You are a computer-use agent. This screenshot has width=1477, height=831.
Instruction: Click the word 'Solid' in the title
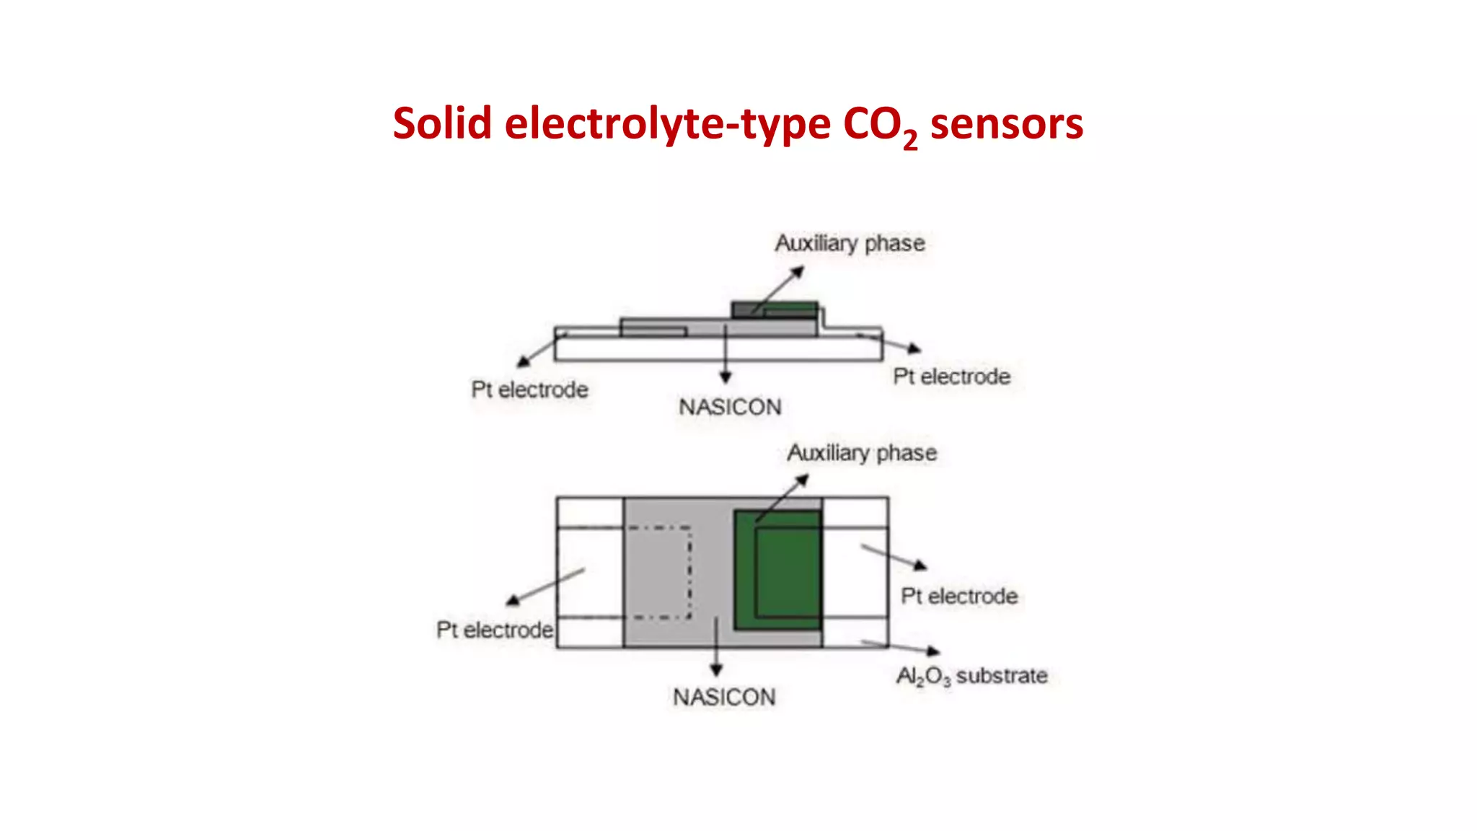click(x=441, y=123)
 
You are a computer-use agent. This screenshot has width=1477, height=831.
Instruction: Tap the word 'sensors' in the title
click(x=1006, y=123)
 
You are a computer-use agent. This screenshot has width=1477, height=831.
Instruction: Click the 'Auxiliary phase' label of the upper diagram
click(x=850, y=243)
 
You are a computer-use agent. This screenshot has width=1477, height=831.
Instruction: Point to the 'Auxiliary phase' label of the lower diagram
click(x=862, y=453)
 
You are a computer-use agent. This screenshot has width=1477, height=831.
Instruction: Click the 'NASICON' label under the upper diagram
click(x=730, y=407)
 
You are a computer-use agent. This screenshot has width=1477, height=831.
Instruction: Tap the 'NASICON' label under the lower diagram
click(x=724, y=697)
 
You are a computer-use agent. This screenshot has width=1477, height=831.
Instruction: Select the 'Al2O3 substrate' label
click(x=971, y=676)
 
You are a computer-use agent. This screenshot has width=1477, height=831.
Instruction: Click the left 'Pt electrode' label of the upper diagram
click(x=529, y=390)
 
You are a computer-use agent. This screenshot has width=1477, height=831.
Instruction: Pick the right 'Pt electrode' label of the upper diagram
click(x=951, y=377)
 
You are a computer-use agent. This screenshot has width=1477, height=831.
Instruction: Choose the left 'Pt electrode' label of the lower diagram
click(x=495, y=630)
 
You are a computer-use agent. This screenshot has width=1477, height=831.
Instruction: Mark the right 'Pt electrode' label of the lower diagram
click(x=959, y=596)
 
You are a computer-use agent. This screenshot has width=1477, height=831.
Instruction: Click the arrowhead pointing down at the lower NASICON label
click(x=716, y=670)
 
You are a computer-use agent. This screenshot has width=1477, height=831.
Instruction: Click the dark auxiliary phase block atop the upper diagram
click(x=775, y=309)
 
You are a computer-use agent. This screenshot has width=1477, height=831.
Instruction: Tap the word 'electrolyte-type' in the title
click(x=667, y=123)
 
